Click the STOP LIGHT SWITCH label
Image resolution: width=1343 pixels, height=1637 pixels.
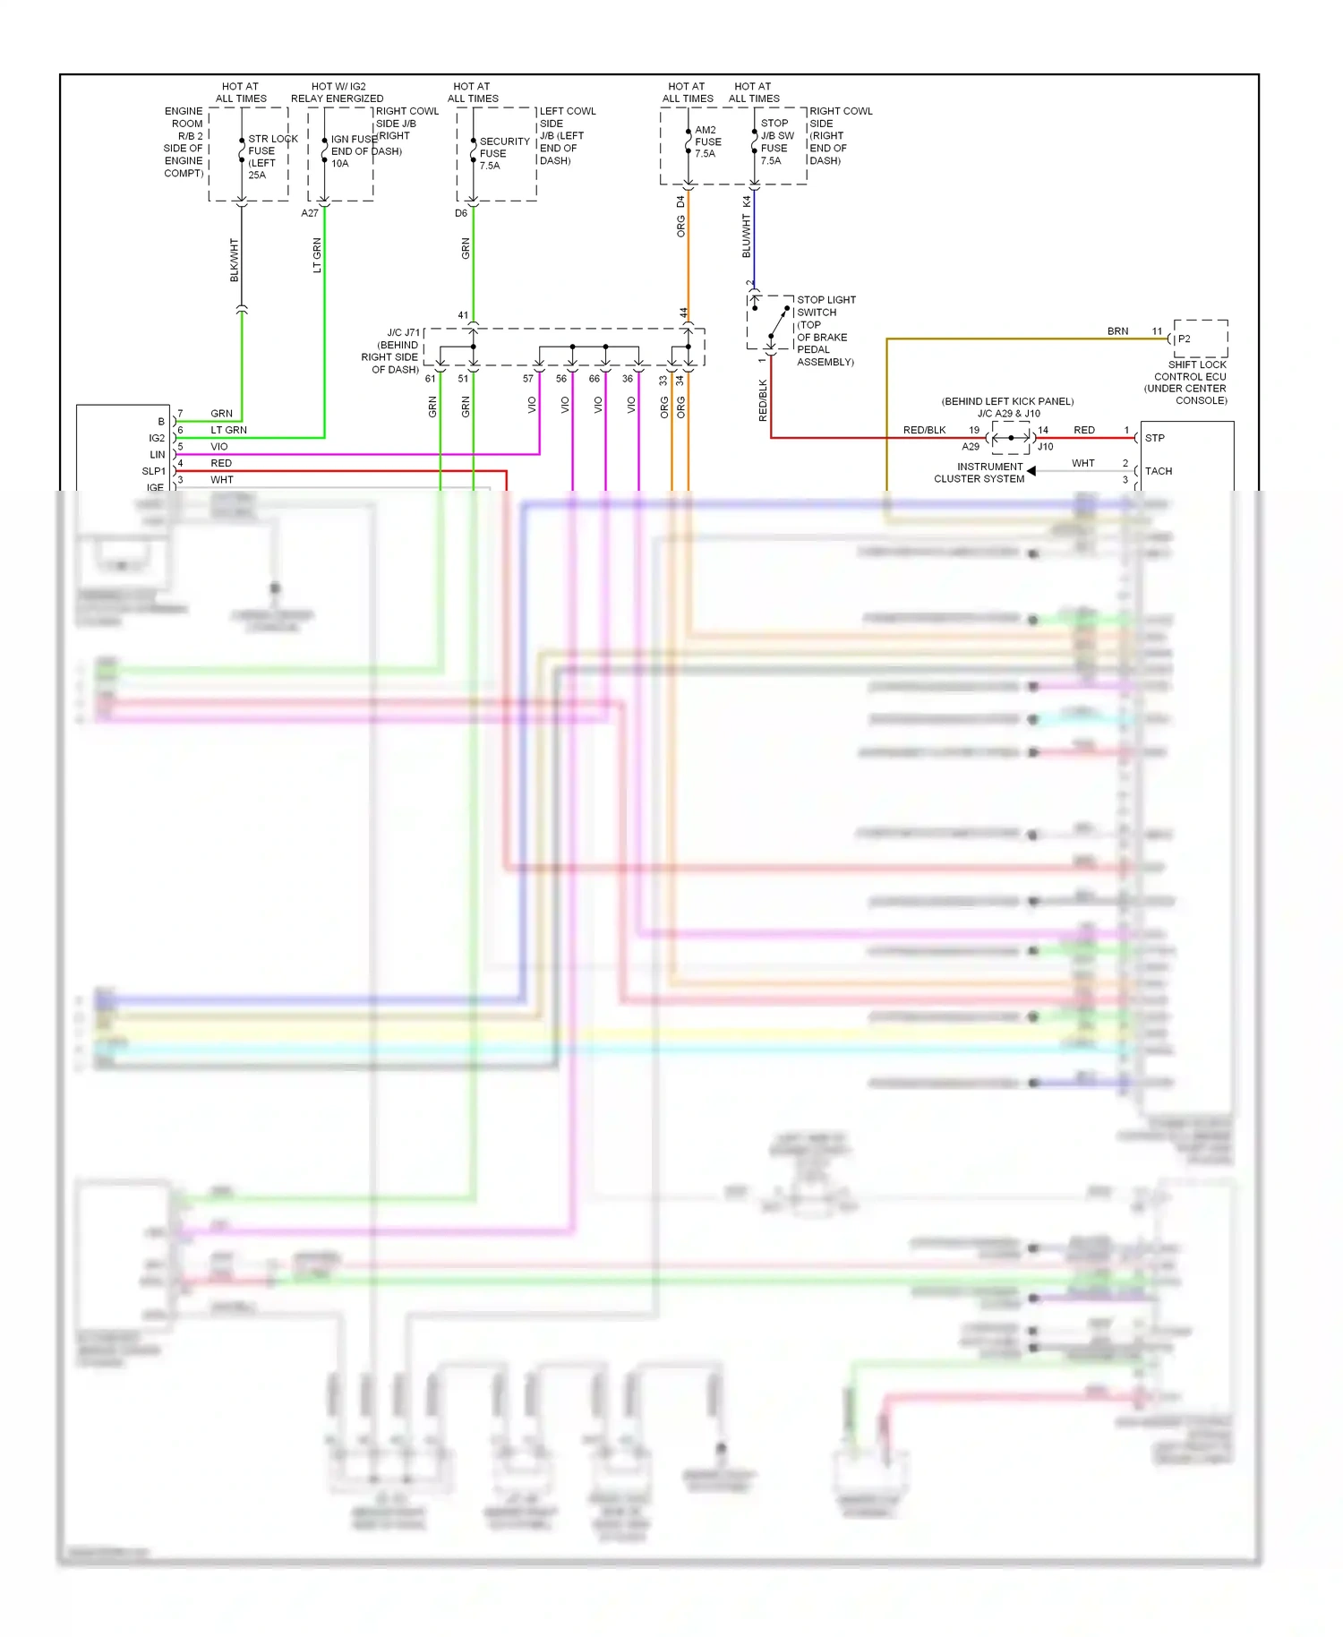pos(825,306)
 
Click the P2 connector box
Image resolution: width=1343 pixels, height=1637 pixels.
pos(1200,339)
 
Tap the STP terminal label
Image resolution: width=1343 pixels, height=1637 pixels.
pos(1154,438)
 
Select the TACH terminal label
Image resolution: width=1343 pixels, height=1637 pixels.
pos(1158,471)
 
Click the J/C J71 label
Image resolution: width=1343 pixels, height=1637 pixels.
pos(402,333)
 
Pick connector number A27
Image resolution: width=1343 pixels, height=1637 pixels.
pos(310,213)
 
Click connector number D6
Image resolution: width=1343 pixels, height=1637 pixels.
pos(460,213)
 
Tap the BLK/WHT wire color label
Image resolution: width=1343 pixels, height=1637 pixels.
pos(235,260)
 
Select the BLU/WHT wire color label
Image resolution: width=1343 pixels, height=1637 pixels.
pos(747,236)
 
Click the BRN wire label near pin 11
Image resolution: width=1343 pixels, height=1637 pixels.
pos(1117,331)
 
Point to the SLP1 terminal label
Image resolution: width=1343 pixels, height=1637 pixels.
pos(153,471)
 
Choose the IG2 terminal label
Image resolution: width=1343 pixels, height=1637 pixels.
pos(157,438)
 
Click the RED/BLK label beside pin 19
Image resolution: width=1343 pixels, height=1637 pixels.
pos(924,430)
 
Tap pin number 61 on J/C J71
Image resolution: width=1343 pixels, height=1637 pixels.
pos(430,379)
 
